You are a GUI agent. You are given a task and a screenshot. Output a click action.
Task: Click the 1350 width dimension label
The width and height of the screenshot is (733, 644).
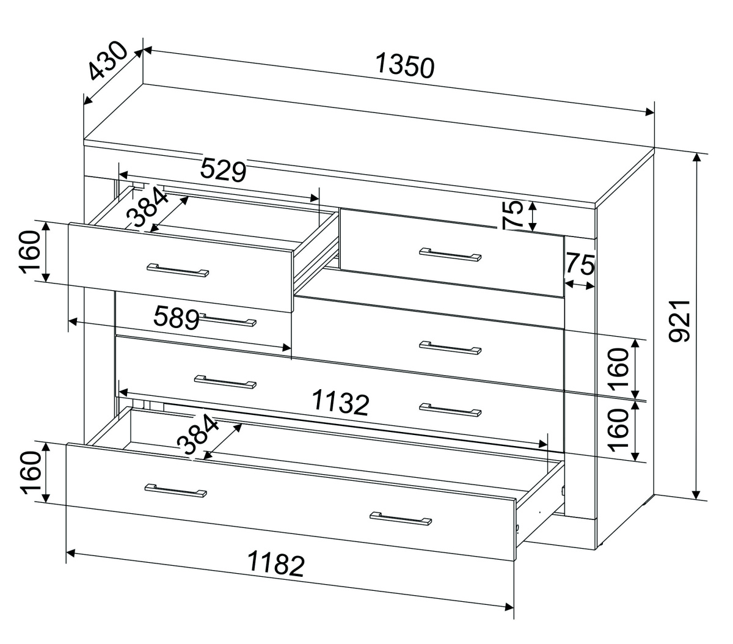point(404,65)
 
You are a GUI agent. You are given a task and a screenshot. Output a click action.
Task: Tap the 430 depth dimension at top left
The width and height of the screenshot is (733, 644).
point(108,60)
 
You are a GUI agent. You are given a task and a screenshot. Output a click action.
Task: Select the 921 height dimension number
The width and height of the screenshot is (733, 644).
point(679,321)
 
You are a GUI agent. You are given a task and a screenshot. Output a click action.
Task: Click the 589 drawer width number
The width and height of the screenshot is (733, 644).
point(177,318)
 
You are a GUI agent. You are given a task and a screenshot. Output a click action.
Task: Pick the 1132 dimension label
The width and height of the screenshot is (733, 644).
point(340,403)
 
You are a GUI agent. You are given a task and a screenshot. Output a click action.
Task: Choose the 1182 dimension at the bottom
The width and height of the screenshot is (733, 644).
point(275,563)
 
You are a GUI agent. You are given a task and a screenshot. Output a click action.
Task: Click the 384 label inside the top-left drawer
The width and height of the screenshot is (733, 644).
point(148,207)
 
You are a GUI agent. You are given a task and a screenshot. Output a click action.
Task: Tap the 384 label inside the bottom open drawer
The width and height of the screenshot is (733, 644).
point(198,434)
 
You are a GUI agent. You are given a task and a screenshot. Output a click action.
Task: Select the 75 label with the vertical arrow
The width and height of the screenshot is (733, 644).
point(513,215)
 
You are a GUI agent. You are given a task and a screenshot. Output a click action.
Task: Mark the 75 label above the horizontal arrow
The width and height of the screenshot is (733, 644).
point(580,264)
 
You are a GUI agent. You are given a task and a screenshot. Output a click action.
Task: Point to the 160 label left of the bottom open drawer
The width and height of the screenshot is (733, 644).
point(32,473)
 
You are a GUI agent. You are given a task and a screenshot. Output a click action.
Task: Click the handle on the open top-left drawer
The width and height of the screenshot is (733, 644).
point(178,270)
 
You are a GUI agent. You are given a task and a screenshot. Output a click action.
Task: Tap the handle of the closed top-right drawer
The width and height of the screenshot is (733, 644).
point(450,254)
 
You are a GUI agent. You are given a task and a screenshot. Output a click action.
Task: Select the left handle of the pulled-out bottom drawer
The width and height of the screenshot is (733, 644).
point(175,490)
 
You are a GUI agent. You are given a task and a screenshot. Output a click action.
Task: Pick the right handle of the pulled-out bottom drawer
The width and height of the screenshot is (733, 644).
point(401,518)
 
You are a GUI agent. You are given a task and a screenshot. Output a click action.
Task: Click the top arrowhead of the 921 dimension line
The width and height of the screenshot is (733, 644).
point(696,158)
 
